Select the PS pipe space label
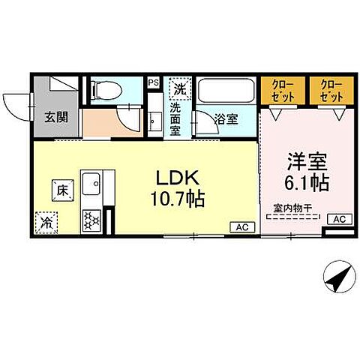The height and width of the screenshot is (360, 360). click(153, 82)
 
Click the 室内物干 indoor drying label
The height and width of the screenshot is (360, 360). click(292, 211)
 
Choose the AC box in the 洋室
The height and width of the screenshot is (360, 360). click(337, 219)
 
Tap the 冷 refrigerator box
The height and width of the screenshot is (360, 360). click(44, 221)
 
